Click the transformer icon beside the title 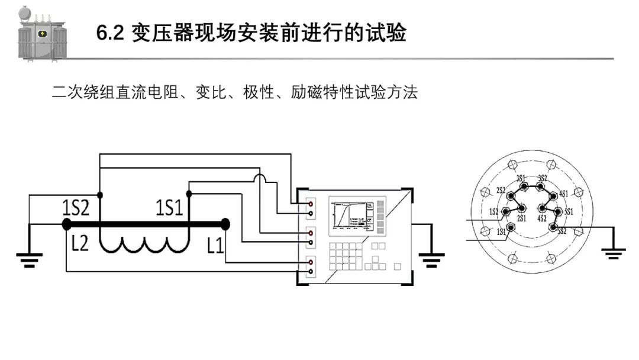click(41, 34)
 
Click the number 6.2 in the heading click(109, 33)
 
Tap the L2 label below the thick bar click(79, 242)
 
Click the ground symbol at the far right click(614, 253)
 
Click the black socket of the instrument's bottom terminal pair click(311, 271)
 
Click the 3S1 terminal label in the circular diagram click(521, 178)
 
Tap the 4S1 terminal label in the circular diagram click(563, 194)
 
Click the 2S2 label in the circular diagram click(501, 191)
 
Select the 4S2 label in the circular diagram click(541, 218)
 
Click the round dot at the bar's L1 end click(225, 224)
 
